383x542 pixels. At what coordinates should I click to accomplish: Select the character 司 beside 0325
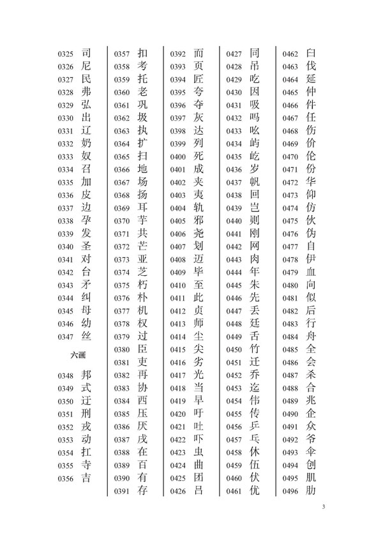[87, 53]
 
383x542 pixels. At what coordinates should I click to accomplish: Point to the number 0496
[290, 492]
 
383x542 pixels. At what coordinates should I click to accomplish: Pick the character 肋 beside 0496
[311, 490]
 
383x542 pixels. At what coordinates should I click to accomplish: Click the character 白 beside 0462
[311, 53]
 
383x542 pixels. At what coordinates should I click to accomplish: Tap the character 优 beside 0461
[255, 490]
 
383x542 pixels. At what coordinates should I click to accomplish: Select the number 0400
[178, 157]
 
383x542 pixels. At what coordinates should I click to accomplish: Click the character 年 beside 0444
[255, 272]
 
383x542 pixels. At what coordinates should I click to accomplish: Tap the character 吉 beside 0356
[87, 478]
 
